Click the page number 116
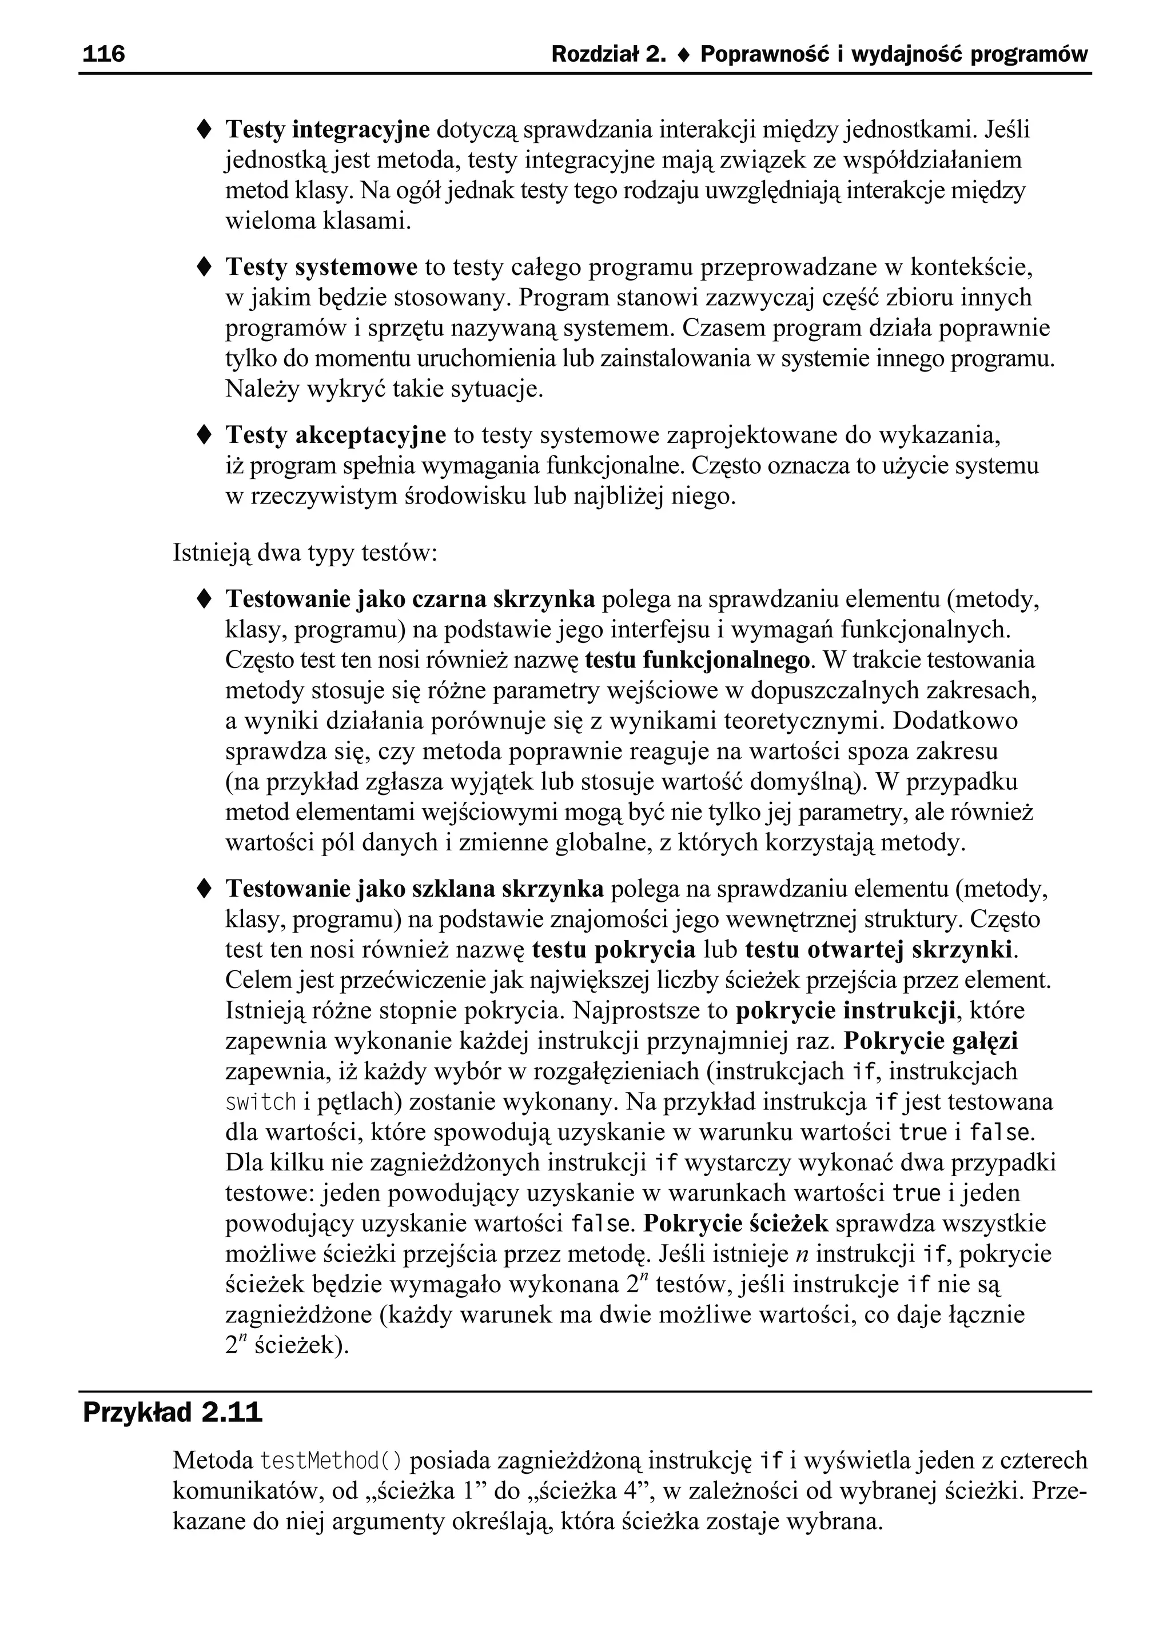pyautogui.click(x=104, y=54)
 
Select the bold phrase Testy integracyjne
pyautogui.click(x=328, y=130)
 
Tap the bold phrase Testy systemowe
pyautogui.click(x=321, y=267)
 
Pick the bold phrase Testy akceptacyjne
pyautogui.click(x=336, y=435)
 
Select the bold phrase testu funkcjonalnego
pyautogui.click(x=698, y=659)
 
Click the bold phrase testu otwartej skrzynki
pyautogui.click(x=879, y=949)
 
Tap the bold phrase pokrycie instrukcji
pyautogui.click(x=846, y=1010)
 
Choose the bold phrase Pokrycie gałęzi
pyautogui.click(x=930, y=1041)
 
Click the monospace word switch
pyautogui.click(x=261, y=1102)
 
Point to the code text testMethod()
pyautogui.click(x=331, y=1461)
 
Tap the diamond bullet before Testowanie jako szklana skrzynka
pyautogui.click(x=204, y=889)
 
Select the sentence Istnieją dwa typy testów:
pyautogui.click(x=305, y=553)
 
